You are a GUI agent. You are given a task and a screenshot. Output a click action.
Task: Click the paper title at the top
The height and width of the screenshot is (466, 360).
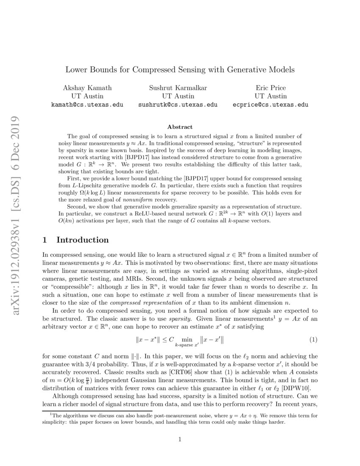click(x=180, y=69)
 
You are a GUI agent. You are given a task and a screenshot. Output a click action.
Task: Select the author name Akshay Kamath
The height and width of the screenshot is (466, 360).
click(x=87, y=88)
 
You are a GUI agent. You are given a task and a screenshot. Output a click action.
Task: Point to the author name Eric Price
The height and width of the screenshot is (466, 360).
click(x=271, y=88)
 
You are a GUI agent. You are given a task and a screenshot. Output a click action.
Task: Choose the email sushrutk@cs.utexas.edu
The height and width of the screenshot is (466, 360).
click(x=178, y=104)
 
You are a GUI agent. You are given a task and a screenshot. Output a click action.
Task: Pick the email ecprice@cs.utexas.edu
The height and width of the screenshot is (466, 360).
click(x=271, y=104)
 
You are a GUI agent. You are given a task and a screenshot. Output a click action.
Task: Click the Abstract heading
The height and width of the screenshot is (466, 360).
click(x=180, y=127)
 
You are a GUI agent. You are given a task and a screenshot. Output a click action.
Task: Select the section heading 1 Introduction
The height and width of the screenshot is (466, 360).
click(x=76, y=240)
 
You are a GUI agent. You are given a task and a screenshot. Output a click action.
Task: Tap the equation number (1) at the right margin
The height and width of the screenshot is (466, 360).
click(x=313, y=328)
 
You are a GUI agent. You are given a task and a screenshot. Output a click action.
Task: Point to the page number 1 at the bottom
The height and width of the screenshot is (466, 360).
click(x=180, y=439)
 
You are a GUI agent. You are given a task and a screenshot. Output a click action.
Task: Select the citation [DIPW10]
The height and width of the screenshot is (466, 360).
click(x=301, y=388)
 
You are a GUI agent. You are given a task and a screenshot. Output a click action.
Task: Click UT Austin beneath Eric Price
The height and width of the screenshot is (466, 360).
click(x=271, y=96)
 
